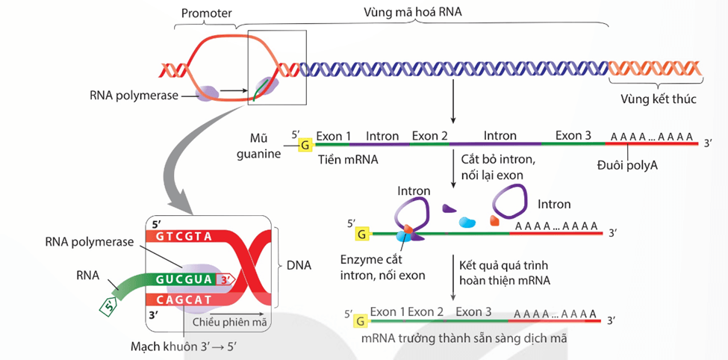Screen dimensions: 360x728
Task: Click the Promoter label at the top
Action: (207, 13)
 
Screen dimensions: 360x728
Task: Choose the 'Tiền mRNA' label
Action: (348, 160)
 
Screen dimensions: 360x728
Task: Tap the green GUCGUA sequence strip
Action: (184, 280)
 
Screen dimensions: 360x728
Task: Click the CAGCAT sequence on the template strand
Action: (184, 300)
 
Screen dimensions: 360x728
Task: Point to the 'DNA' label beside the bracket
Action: (299, 265)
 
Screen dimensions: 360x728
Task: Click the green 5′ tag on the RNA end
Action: (110, 305)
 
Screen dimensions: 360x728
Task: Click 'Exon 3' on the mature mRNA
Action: (473, 311)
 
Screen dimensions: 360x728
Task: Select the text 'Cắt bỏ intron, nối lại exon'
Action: (498, 167)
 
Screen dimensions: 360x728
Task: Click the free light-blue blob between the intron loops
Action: (467, 222)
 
